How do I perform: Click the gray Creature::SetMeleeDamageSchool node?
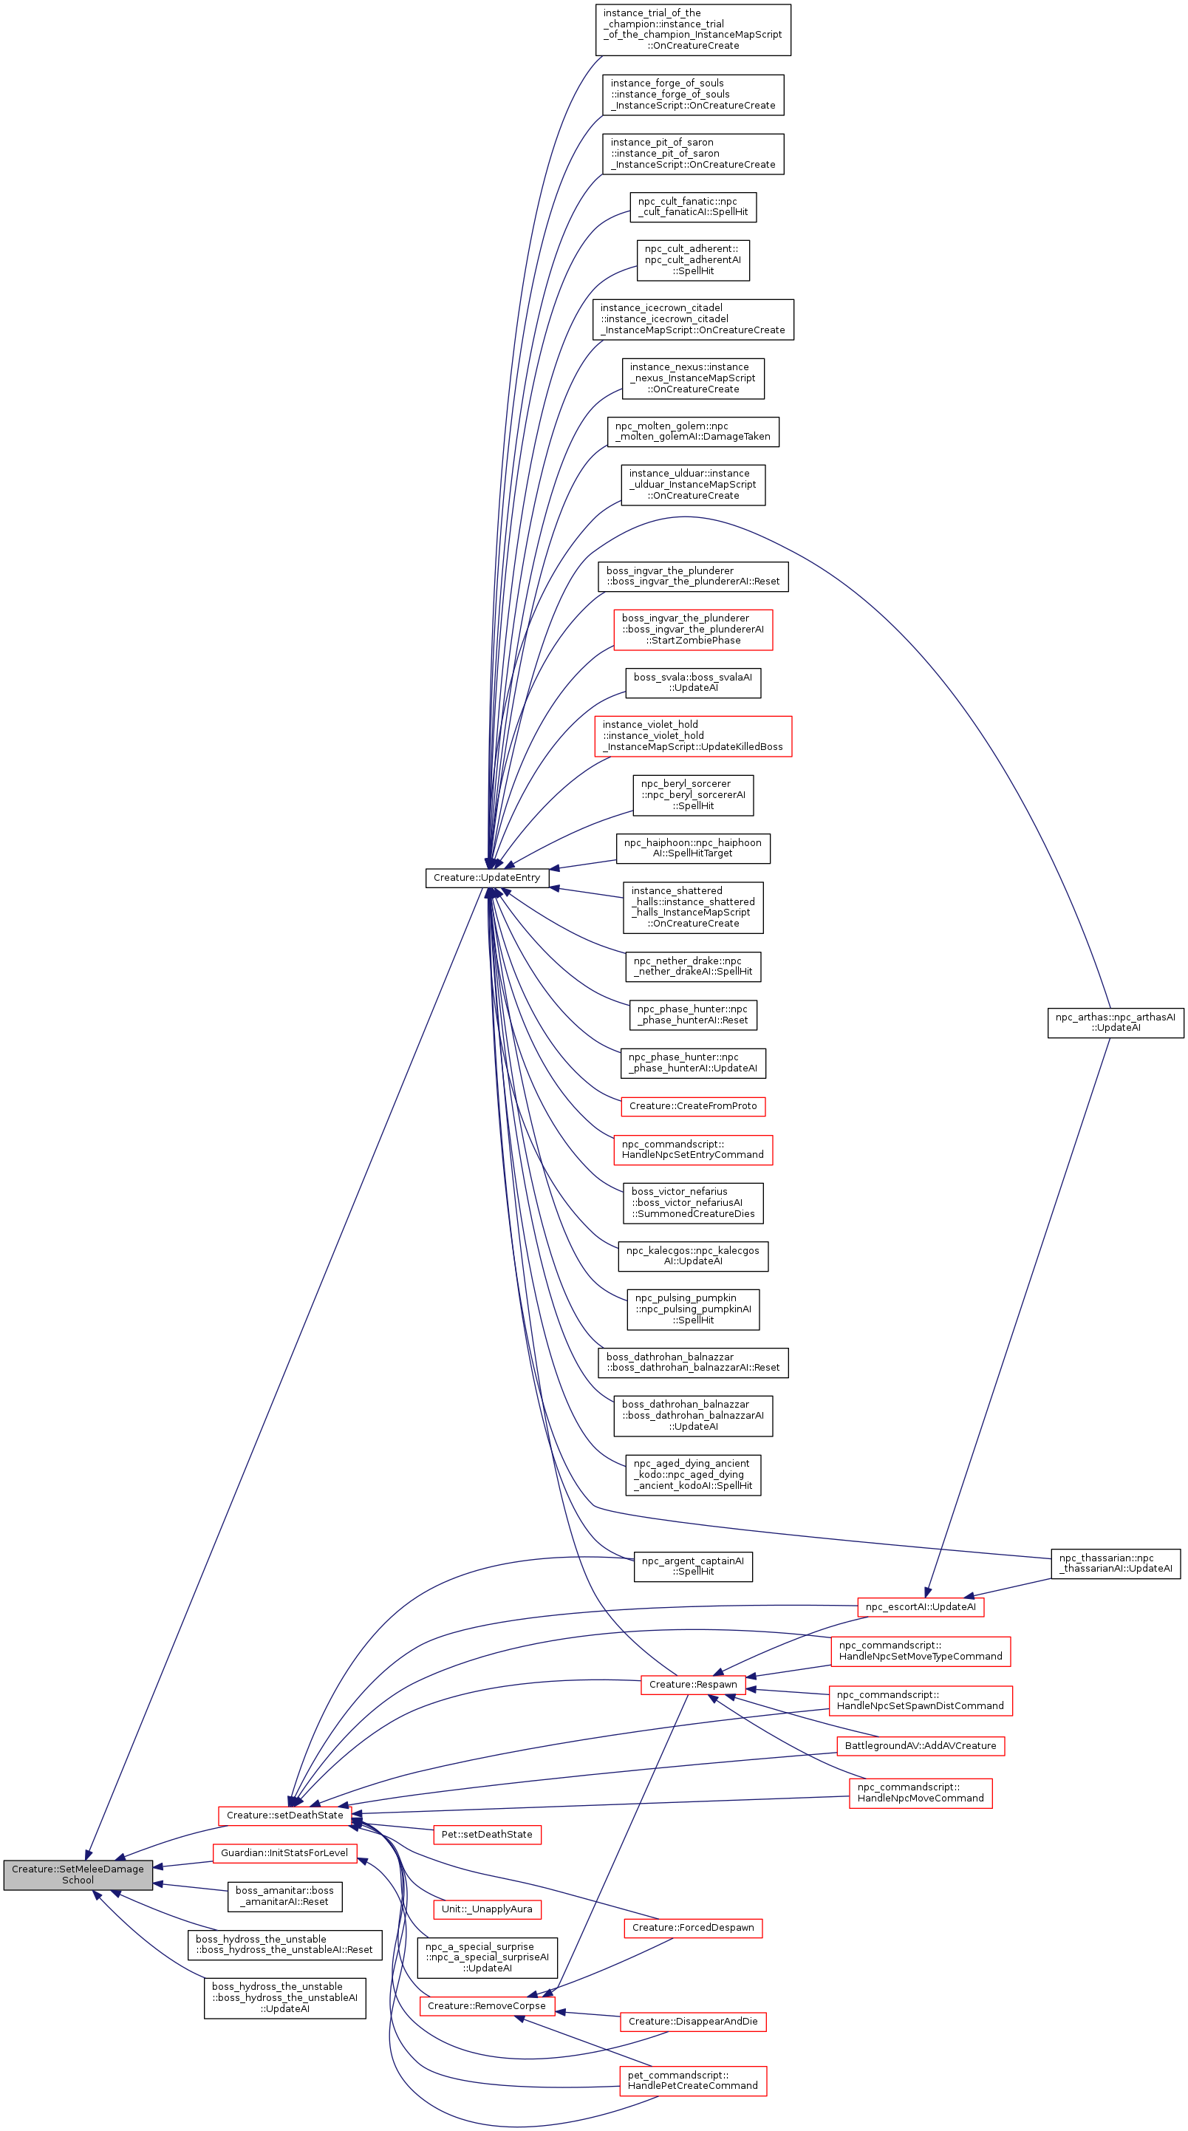[x=78, y=1874]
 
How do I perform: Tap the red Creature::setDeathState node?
[x=284, y=1815]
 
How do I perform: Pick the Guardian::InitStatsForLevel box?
[x=284, y=1852]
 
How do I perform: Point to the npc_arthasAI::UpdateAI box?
[x=1114, y=1022]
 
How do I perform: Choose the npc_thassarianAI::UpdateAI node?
[x=1114, y=1563]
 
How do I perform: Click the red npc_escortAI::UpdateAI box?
[x=920, y=1606]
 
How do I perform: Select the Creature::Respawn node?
[x=692, y=1684]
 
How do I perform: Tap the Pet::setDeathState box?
[x=486, y=1834]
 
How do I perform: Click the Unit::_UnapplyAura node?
[x=486, y=1909]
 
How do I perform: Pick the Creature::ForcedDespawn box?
[x=692, y=1928]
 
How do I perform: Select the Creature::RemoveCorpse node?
[x=486, y=2005]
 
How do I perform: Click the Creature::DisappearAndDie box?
[x=692, y=2021]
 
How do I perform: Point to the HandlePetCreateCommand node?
[x=692, y=2080]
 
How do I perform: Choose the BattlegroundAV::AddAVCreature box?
[x=920, y=1745]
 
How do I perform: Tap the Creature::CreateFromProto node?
[x=692, y=1106]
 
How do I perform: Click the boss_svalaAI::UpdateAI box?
[x=692, y=683]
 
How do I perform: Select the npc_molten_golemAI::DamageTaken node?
[x=692, y=431]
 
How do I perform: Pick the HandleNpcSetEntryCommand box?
[x=692, y=1149]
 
